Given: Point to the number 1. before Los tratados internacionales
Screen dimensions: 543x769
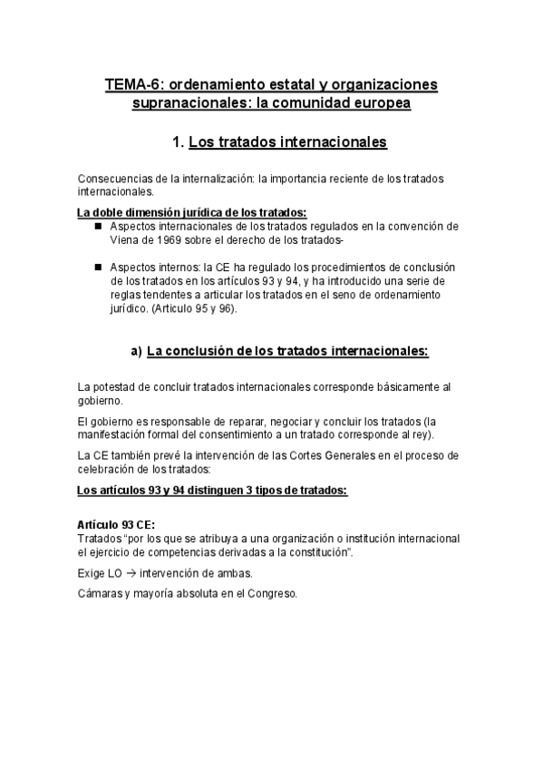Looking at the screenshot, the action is click(179, 142).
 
